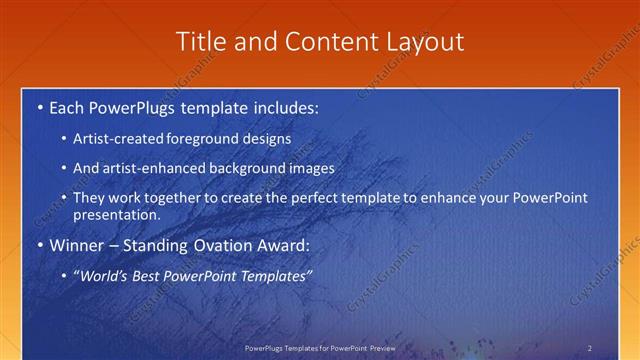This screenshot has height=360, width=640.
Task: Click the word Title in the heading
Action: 198,41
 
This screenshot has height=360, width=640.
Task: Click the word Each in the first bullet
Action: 68,107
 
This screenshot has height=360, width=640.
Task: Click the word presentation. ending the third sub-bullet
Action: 116,214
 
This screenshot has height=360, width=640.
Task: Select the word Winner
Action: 78,244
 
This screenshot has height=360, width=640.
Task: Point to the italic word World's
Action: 103,275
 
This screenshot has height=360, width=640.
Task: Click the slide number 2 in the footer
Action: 589,347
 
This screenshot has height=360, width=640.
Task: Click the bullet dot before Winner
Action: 39,244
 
